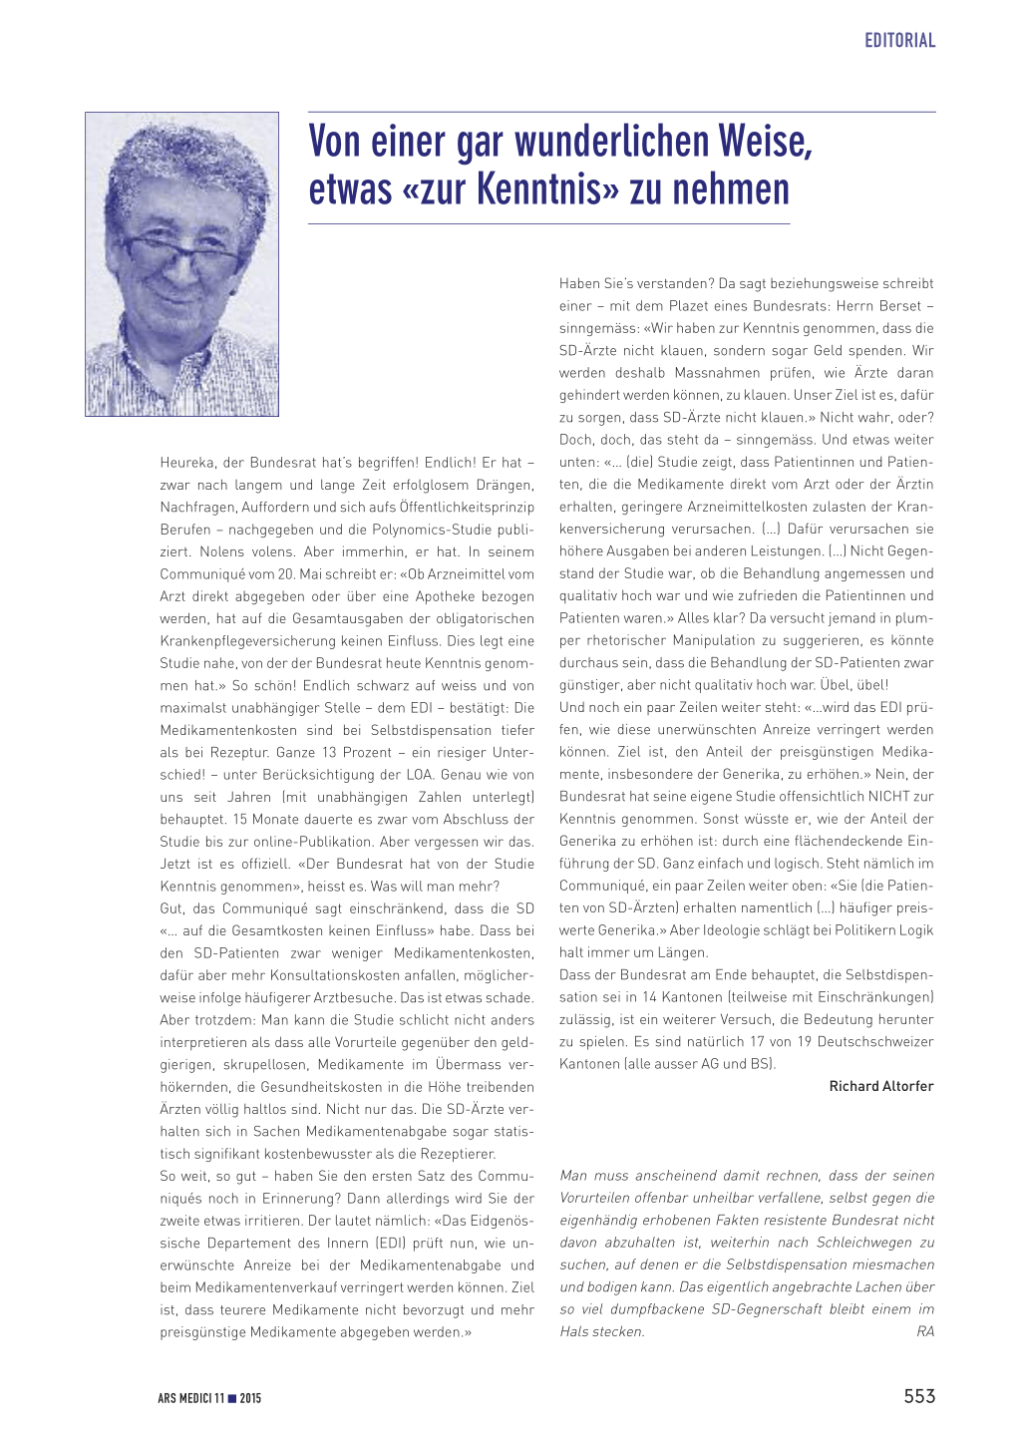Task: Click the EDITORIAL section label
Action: [x=899, y=41]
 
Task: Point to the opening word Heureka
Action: [x=186, y=463]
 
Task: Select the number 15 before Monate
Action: [x=239, y=820]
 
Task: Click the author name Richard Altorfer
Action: [x=881, y=1086]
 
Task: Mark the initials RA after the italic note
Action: [x=925, y=1332]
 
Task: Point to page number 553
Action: [x=919, y=1396]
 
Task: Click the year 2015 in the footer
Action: [x=250, y=1399]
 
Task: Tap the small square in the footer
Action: [x=232, y=1399]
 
